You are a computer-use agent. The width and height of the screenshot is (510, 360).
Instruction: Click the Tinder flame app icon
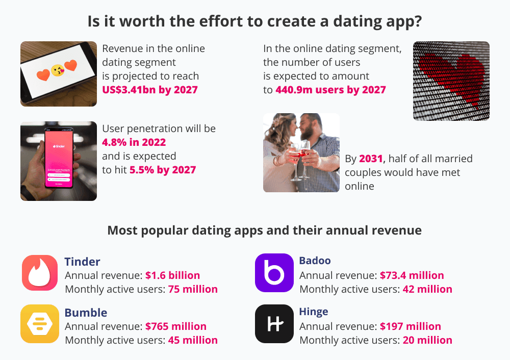(x=40, y=273)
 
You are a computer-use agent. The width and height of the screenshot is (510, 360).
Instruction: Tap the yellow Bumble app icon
(x=40, y=324)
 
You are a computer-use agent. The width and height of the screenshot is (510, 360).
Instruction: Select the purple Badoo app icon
(x=274, y=273)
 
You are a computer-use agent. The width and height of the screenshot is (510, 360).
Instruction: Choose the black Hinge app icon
(x=274, y=324)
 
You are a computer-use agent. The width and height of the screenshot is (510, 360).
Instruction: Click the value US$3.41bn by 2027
(x=150, y=90)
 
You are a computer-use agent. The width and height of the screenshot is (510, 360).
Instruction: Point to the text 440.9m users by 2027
(x=330, y=90)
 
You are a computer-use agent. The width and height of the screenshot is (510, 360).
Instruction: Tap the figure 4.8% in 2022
(x=134, y=142)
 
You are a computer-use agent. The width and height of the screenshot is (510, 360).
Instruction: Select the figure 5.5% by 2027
(x=163, y=170)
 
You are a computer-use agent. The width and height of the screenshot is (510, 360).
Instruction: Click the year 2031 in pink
(x=371, y=159)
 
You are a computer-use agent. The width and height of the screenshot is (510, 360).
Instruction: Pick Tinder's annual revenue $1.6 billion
(x=173, y=275)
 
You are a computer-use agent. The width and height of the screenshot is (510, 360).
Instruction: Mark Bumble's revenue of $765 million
(x=176, y=326)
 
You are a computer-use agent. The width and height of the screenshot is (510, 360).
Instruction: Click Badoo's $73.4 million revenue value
(x=412, y=275)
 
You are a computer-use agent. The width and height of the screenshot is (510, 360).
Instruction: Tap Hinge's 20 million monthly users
(x=427, y=340)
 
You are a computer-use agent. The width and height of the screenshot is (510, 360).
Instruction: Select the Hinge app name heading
(x=314, y=312)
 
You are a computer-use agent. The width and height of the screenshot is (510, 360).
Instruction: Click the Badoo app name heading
(x=315, y=261)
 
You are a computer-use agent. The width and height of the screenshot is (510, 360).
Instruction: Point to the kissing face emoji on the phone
(x=58, y=70)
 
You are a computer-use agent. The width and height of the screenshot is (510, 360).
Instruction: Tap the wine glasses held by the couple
(x=300, y=160)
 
